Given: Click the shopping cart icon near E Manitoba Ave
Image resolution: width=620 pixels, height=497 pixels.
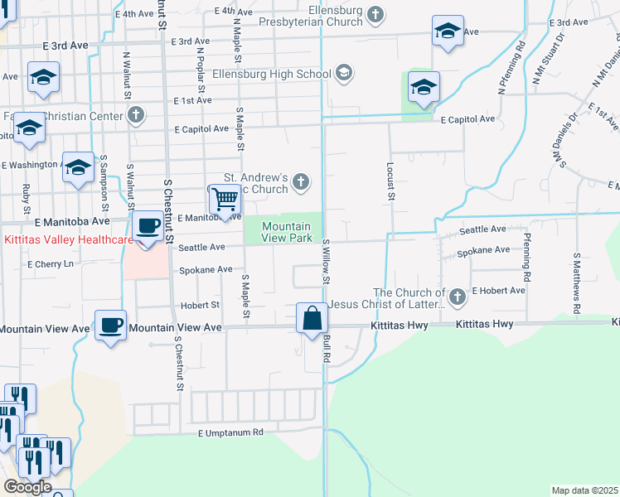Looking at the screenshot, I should point(224,200).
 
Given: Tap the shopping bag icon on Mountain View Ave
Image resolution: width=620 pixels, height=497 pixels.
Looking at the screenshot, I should point(311,318).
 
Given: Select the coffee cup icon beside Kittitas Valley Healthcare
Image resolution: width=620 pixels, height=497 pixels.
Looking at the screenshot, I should point(148,226).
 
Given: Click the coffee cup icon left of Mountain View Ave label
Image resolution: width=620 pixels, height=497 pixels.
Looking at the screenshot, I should point(110,325).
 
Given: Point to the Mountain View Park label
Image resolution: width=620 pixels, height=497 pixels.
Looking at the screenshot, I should point(288,232).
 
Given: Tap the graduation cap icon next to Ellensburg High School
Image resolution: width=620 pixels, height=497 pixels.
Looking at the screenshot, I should point(344,74).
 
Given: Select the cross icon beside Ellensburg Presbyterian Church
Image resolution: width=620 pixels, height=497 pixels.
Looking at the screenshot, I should point(376,14).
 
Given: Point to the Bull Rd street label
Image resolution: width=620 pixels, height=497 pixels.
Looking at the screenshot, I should point(327,348).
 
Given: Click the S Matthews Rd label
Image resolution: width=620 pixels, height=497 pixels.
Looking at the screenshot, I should point(577,272).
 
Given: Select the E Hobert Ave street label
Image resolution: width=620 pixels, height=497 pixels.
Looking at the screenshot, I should point(499,291).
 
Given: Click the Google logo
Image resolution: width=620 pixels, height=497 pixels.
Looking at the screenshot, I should point(27,487).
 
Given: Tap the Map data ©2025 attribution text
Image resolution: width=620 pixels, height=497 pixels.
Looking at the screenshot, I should point(584,490).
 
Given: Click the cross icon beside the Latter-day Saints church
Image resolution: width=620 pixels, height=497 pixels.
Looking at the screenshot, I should point(457,296).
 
